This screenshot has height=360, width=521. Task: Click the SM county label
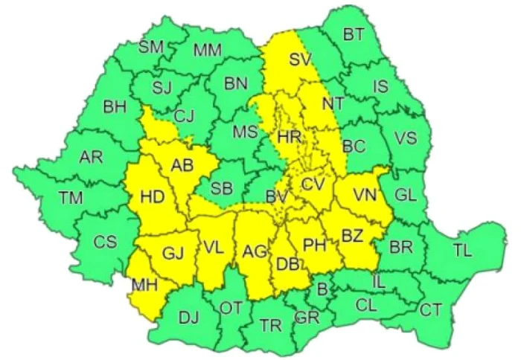(151, 48)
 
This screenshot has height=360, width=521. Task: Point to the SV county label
(300, 60)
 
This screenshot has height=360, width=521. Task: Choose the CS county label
(106, 242)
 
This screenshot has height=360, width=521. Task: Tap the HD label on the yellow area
(152, 197)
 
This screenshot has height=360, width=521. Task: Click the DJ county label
(188, 318)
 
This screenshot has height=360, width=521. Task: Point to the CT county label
(431, 309)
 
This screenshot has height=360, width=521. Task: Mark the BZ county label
(352, 237)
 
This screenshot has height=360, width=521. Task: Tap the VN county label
(365, 195)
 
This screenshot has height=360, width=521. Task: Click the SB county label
(221, 187)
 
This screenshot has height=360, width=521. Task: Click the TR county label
(269, 325)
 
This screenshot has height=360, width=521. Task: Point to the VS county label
(405, 138)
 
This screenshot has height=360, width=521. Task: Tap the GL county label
(406, 195)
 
